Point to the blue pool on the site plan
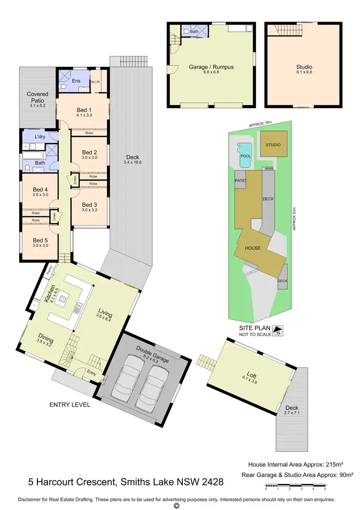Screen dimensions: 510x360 (x=245, y=155)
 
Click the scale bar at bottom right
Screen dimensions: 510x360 (x=295, y=488)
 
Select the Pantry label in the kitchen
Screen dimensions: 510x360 (x=49, y=271)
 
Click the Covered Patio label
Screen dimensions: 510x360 (x=37, y=97)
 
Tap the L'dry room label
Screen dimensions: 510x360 (x=40, y=137)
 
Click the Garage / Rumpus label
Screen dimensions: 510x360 (x=211, y=67)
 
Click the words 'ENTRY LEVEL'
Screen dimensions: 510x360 (x=70, y=405)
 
